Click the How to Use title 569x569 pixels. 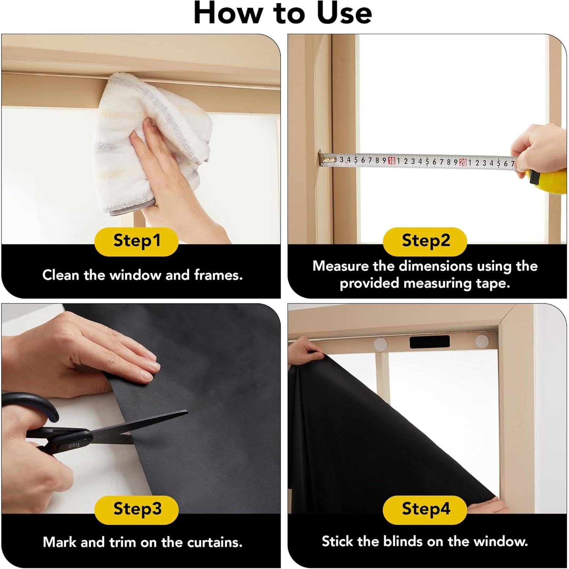[x=283, y=13]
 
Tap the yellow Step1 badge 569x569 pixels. [x=137, y=242]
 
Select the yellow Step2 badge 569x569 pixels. [x=425, y=242]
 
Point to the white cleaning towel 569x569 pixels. [x=152, y=144]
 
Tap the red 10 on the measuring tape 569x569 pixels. [x=391, y=161]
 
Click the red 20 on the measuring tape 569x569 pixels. [x=463, y=162]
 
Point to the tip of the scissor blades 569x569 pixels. [x=187, y=412]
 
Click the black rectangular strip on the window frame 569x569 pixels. [x=430, y=343]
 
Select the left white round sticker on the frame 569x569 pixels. [x=380, y=344]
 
